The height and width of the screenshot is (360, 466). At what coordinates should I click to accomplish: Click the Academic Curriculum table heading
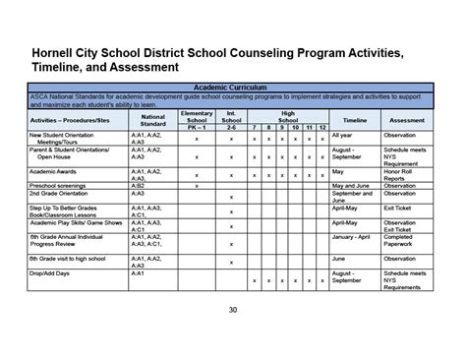(232, 88)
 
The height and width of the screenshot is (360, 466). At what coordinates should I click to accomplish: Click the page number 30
(233, 311)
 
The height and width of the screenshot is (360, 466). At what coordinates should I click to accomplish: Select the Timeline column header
(355, 119)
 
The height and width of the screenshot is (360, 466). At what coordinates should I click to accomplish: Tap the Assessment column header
(407, 119)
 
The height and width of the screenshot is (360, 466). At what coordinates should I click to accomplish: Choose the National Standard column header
(152, 119)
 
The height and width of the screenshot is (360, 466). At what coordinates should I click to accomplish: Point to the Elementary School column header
(197, 115)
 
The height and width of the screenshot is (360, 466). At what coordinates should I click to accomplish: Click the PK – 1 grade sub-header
(197, 128)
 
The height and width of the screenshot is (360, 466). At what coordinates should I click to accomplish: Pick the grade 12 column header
(322, 128)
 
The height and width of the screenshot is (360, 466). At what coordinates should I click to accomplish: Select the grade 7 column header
(254, 128)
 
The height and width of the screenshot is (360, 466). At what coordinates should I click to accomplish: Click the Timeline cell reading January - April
(355, 237)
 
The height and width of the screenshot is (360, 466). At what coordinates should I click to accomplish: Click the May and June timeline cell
(355, 184)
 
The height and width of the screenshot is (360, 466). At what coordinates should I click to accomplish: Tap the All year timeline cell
(344, 135)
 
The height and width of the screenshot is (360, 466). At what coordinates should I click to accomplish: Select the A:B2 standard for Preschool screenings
(139, 184)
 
